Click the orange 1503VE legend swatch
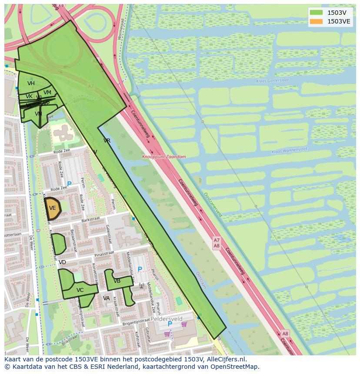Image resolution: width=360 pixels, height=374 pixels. (316, 21)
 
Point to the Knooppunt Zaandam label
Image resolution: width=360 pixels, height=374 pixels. (164, 157)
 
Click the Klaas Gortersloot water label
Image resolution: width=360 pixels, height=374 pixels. (273, 81)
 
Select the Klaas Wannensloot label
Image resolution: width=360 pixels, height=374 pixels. (289, 150)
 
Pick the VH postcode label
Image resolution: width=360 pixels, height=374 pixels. (31, 83)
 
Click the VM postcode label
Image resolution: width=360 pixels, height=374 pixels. (47, 92)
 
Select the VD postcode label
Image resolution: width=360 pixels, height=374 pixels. (62, 262)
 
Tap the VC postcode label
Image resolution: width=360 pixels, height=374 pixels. (80, 290)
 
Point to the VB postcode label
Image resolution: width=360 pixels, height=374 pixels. (117, 281)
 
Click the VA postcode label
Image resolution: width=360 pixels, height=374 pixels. (107, 298)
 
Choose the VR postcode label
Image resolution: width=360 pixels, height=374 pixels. (107, 141)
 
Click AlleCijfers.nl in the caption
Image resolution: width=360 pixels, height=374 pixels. (226, 359)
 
